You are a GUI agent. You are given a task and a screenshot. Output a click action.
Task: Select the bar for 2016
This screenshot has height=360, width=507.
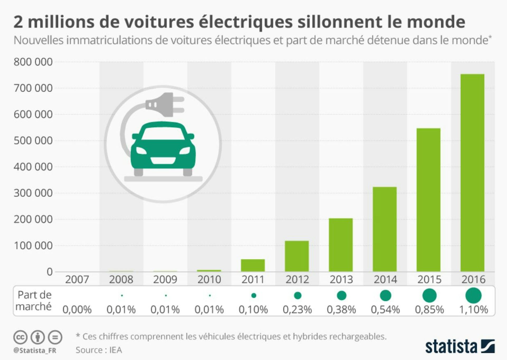coord(472,173)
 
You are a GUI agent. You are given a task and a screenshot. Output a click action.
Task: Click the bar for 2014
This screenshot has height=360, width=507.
coord(384,229)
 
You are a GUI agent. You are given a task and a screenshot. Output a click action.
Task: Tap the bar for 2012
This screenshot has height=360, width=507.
coord(297,256)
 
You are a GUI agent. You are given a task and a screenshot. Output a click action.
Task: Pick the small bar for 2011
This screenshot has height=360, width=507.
coord(253,265)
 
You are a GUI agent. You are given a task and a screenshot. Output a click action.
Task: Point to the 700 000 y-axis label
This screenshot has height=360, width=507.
coord(33,88)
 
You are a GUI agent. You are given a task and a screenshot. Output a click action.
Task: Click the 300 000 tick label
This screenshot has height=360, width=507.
coord(33,193)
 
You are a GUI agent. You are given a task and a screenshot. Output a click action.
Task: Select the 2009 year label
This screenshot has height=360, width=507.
coord(165,279)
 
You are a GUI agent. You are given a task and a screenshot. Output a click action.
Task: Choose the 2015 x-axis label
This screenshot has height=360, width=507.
coord(429,279)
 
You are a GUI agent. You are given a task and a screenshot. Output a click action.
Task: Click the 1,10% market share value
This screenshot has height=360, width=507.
coord(473,310)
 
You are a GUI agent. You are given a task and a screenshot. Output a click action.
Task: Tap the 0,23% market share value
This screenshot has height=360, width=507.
coord(297,310)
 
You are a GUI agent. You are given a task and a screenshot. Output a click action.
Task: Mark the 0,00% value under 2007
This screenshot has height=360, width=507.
coord(77,310)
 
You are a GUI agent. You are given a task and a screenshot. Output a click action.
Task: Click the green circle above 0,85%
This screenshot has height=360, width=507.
coord(429,295)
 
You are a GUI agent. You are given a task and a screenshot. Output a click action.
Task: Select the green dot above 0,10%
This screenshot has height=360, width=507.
coord(254,296)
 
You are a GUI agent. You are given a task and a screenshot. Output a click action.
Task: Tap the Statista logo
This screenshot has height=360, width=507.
coord(459,347)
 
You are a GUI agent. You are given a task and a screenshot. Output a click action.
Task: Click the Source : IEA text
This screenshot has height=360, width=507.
coord(99,350)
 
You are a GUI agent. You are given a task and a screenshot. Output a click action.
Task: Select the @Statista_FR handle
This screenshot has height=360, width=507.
coord(35,350)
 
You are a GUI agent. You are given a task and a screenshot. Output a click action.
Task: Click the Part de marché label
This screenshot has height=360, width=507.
coord(34,301)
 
